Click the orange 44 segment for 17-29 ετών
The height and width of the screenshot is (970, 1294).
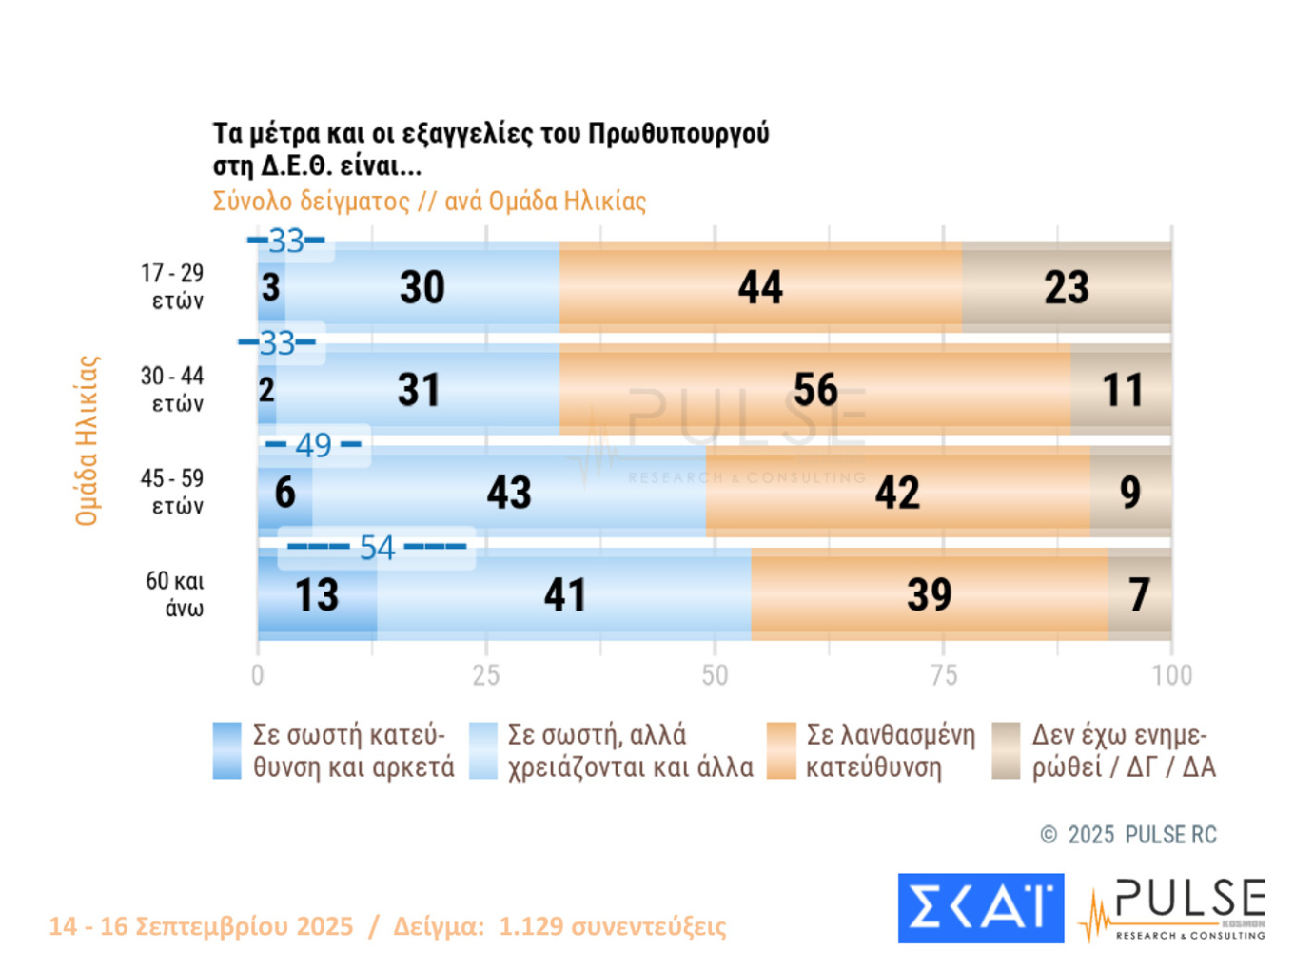coord(760,287)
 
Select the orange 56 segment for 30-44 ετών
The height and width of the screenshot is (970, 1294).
coord(815,390)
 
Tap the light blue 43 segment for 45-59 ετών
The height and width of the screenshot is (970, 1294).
coord(509,492)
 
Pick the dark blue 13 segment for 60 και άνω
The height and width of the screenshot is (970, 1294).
coord(317,595)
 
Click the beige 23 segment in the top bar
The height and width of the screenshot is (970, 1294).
coord(1067,287)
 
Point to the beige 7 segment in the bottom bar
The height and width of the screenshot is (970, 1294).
coord(1139,595)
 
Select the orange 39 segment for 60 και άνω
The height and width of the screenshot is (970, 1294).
coord(929,595)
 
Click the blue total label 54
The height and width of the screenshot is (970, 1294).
coord(377,548)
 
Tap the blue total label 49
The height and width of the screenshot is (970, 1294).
coord(313,445)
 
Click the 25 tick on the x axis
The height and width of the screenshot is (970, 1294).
coord(486,675)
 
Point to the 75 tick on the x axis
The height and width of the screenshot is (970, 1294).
coord(943,675)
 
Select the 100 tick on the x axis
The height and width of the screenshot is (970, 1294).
coord(1171,675)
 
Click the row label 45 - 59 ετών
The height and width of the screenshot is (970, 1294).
coord(173,492)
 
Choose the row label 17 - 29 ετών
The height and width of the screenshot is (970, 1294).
coord(173,287)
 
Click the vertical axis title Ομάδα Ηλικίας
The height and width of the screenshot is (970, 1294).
coord(88,440)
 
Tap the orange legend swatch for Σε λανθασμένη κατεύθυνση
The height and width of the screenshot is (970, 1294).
coord(781,750)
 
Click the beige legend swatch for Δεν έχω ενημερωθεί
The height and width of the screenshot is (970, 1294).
coord(1006,750)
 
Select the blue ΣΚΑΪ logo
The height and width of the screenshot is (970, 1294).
coord(980,908)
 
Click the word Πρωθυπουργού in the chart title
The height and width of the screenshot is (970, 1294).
coord(678,133)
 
